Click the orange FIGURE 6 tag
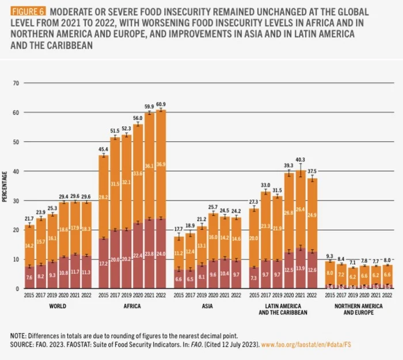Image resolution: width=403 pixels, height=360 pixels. point(28,12)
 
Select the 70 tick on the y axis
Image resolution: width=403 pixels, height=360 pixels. point(17,84)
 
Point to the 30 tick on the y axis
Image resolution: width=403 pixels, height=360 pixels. point(17,200)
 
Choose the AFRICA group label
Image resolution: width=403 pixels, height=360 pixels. point(132,306)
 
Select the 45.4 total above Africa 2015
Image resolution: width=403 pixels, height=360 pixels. point(104,150)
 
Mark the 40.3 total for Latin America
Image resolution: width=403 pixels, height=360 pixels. point(300,160)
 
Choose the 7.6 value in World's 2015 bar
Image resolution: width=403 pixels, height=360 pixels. point(29,276)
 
